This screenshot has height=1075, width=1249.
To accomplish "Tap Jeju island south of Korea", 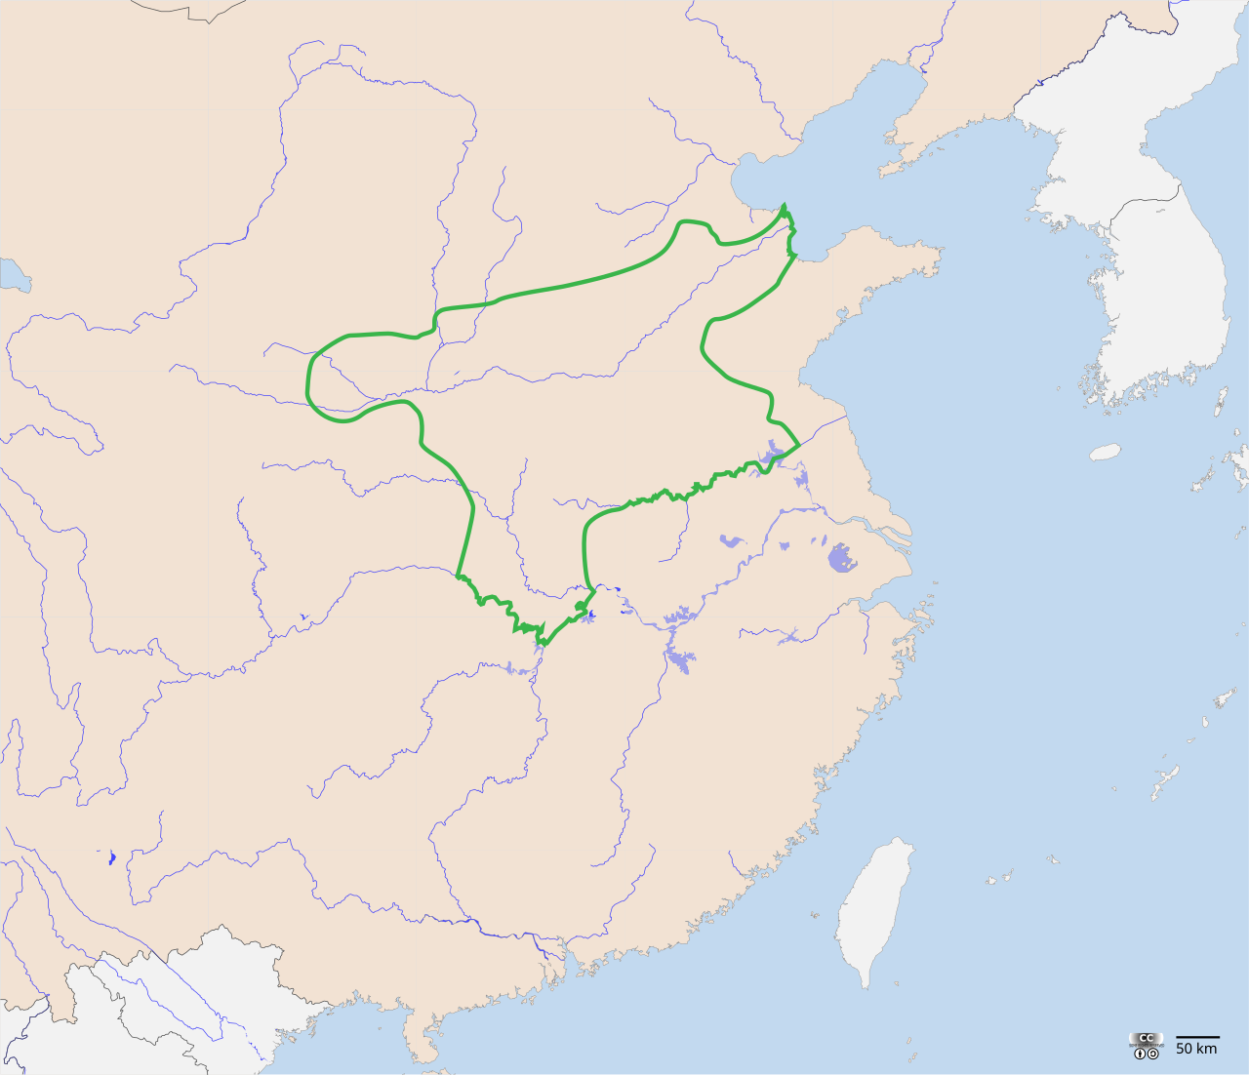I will click(1105, 452).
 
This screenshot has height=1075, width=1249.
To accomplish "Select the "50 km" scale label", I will click(1196, 1049).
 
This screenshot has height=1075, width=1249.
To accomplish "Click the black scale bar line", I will click(1197, 1037).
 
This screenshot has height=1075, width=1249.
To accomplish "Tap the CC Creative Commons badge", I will click(1146, 1039).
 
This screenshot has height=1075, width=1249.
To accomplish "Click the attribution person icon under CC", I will click(1140, 1054).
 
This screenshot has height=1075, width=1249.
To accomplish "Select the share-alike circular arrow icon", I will click(1153, 1054).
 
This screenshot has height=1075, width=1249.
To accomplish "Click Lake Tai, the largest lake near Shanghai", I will click(841, 559).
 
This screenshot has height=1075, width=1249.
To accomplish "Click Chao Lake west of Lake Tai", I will click(731, 540).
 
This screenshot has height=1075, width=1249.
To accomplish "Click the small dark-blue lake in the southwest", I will click(111, 858).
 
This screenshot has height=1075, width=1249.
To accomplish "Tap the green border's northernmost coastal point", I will click(784, 206).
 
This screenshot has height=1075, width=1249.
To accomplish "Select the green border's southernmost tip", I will click(544, 643).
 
